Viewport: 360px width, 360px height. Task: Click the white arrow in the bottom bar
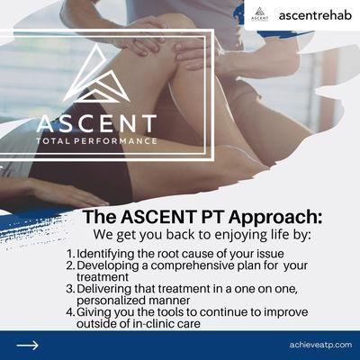28,345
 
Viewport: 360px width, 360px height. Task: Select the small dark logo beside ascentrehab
260,14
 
